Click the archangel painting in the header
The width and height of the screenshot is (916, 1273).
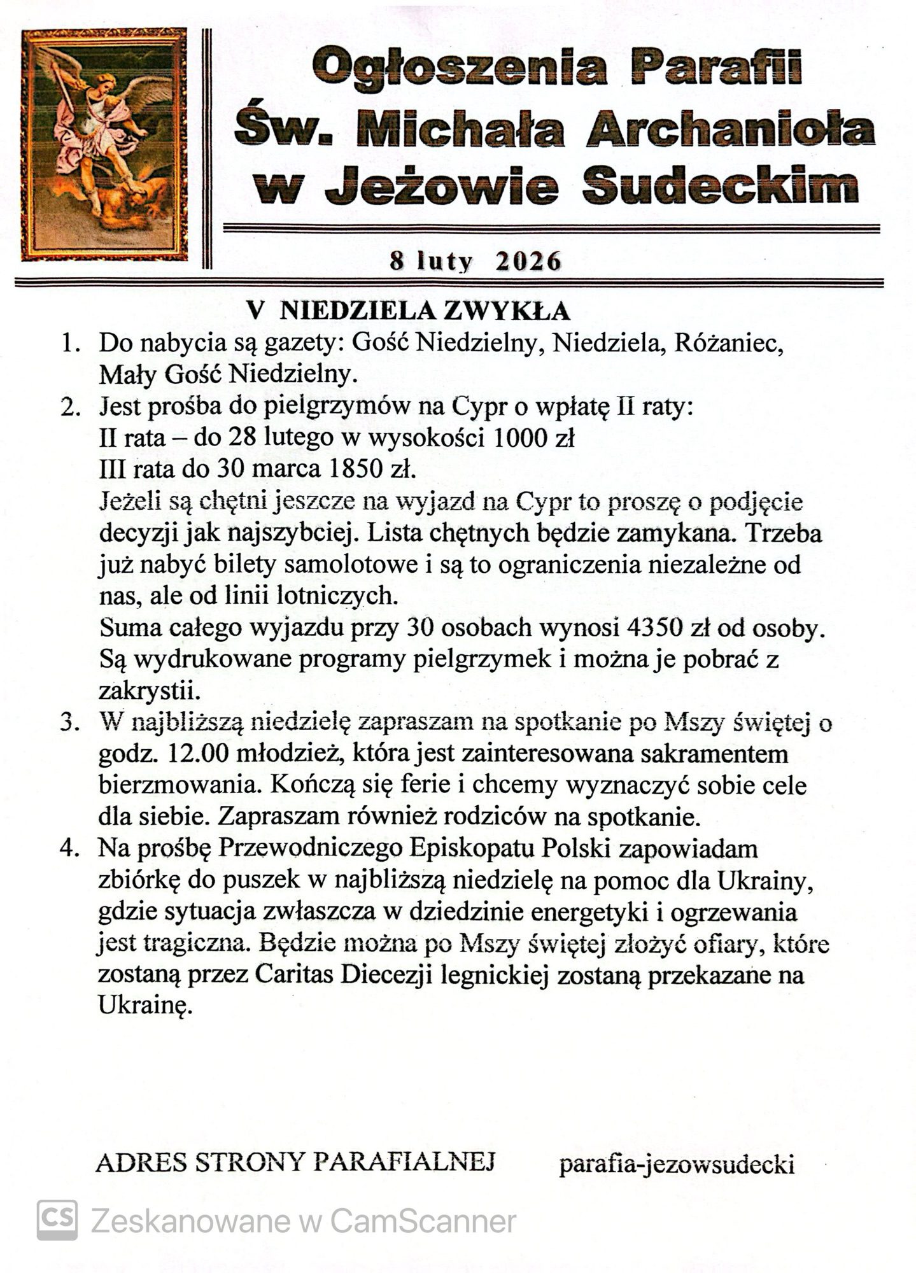(x=104, y=144)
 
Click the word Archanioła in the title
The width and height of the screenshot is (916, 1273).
(x=730, y=128)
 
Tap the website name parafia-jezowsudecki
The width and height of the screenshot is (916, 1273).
(x=677, y=1165)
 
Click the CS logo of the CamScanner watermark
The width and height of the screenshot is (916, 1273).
(x=57, y=1220)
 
